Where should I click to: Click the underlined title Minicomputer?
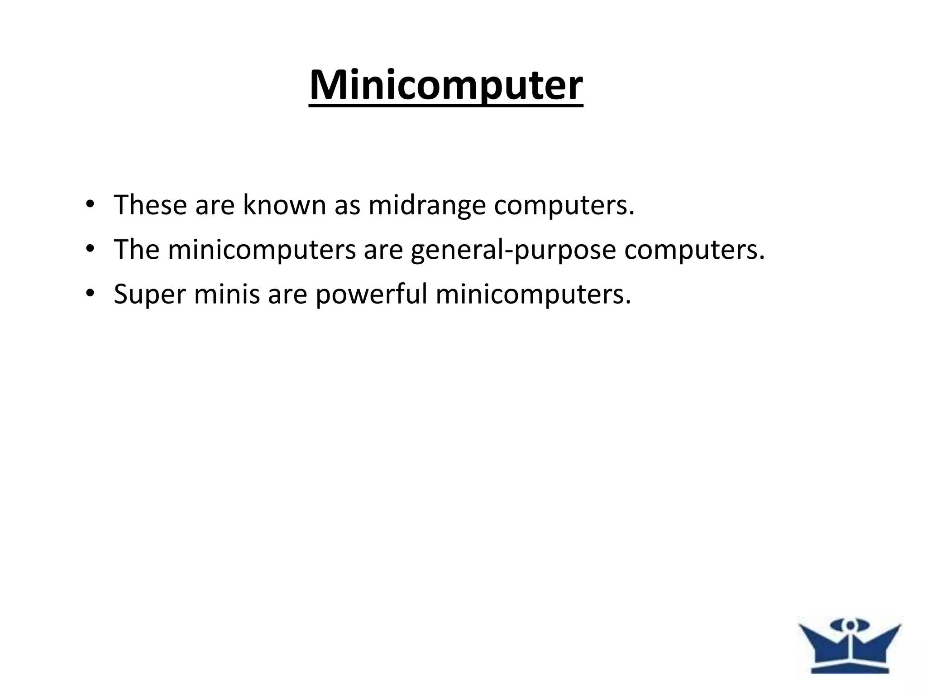point(446,86)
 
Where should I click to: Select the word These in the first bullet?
point(150,205)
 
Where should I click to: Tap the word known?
point(284,205)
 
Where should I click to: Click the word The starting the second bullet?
point(137,250)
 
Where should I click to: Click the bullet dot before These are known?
point(89,204)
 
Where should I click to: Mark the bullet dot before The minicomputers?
point(89,249)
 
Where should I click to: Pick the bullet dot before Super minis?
point(89,294)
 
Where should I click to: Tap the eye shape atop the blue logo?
point(851,626)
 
